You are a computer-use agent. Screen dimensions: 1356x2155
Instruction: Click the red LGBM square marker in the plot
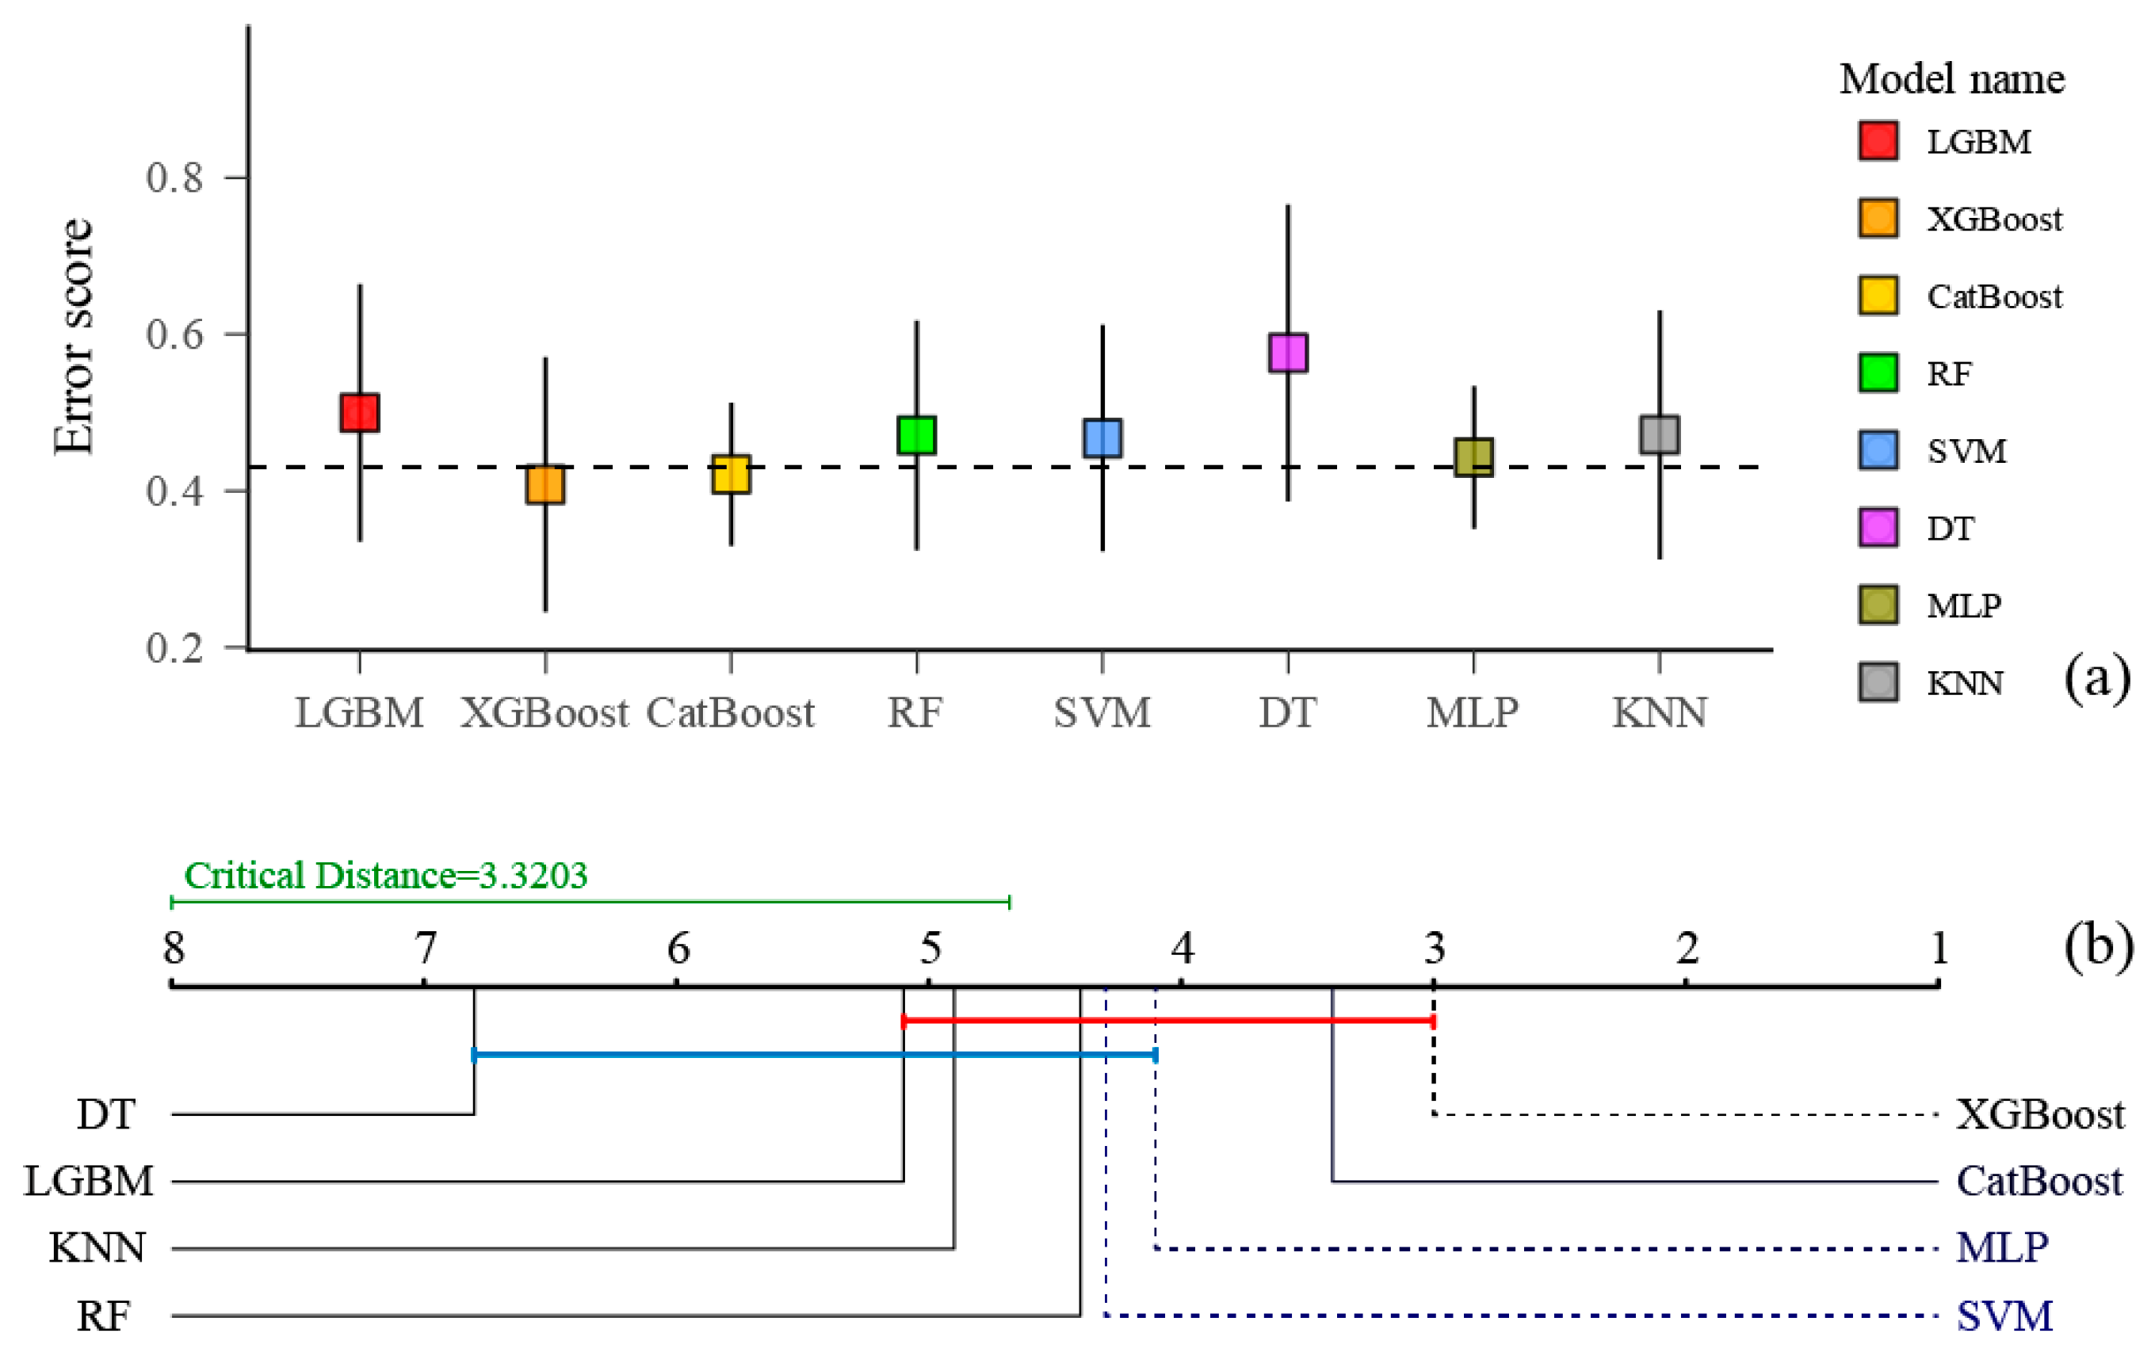[359, 413]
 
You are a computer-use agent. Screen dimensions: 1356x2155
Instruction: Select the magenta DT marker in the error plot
[1287, 353]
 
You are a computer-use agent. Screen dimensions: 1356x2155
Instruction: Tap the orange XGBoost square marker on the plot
[545, 484]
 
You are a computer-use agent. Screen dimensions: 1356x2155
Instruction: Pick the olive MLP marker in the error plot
[1473, 457]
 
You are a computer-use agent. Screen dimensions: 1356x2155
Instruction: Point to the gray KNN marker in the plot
[1659, 434]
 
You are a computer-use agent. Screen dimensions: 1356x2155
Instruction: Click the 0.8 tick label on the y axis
[175, 178]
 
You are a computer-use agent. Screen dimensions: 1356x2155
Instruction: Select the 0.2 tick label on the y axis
[175, 647]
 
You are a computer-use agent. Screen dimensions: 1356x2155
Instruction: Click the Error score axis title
[74, 337]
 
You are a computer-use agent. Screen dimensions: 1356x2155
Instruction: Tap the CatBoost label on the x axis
[730, 713]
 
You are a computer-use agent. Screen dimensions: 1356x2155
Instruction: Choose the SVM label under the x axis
[1102, 713]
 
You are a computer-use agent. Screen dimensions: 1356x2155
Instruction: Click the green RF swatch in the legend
[1878, 373]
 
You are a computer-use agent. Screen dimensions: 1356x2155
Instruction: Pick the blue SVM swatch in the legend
[1878, 450]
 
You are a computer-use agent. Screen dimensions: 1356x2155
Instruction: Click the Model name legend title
[1952, 80]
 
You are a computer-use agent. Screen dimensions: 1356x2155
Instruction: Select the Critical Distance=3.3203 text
[386, 876]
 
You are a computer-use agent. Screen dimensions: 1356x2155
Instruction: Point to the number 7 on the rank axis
[425, 948]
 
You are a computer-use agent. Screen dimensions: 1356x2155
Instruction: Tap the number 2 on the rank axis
[1687, 948]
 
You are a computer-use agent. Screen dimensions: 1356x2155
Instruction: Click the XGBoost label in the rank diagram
[2039, 1115]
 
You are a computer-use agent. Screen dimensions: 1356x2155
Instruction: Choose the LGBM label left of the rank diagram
[89, 1182]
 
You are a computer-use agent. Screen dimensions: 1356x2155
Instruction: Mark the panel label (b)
[2098, 946]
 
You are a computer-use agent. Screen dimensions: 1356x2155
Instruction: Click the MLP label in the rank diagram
[2002, 1247]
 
